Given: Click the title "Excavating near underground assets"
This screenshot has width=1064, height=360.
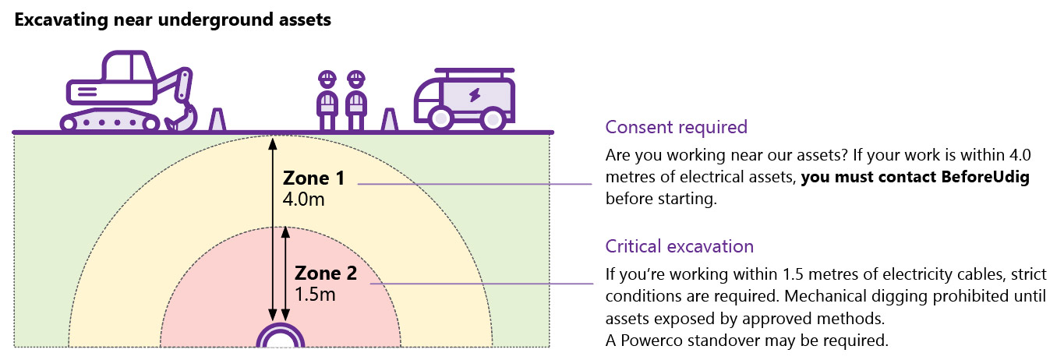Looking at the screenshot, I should pos(172,20).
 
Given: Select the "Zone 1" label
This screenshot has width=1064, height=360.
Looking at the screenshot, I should pos(314,178).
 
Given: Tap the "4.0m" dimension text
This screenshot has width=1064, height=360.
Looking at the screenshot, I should pos(303,200).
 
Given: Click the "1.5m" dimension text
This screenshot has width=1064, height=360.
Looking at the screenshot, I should pos(315,295).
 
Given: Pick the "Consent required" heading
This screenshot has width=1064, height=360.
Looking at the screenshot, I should pos(676,127).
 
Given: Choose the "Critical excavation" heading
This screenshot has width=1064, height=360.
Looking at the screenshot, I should pos(679,246).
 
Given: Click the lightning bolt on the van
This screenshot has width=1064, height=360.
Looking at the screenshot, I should pos(474,96).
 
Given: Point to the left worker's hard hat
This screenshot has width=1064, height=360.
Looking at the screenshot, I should pos(327,79).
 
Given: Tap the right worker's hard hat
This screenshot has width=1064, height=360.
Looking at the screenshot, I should pos(356,79).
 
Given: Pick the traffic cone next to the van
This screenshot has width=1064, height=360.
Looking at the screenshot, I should pos(388,121).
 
